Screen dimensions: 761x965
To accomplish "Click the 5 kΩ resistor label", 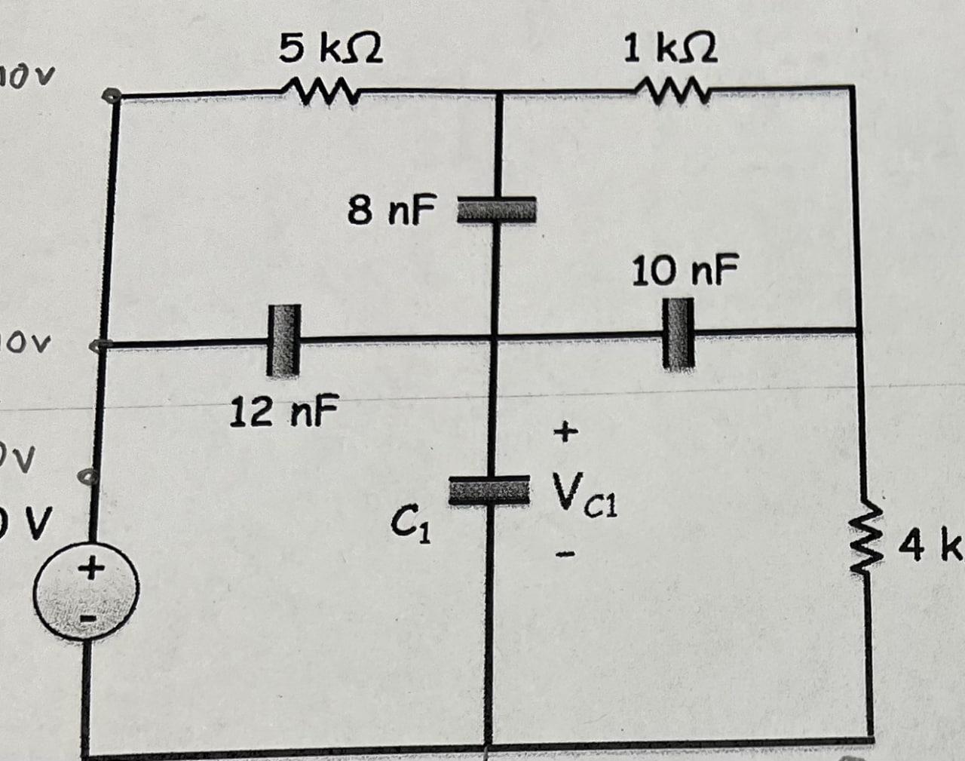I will click(330, 50).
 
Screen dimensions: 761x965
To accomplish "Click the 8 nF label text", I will click(391, 210).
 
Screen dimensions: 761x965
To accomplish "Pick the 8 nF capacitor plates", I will click(497, 208).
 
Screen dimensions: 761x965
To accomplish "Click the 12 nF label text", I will click(284, 412).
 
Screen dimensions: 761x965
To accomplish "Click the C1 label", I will click(409, 519).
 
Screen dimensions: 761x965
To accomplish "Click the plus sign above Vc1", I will click(565, 432).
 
